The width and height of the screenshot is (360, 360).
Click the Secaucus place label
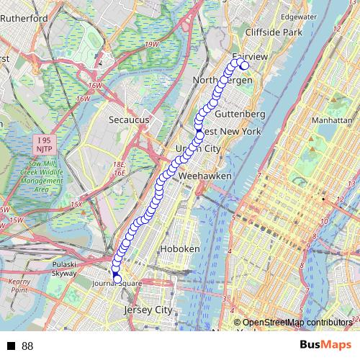point(129,120)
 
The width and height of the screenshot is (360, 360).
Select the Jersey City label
point(150,310)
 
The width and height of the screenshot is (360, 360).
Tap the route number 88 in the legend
point(28,346)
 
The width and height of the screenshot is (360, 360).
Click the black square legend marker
point(12,346)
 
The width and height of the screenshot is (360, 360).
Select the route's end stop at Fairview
point(244,66)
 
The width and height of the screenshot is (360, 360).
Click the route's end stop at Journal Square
point(117,279)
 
